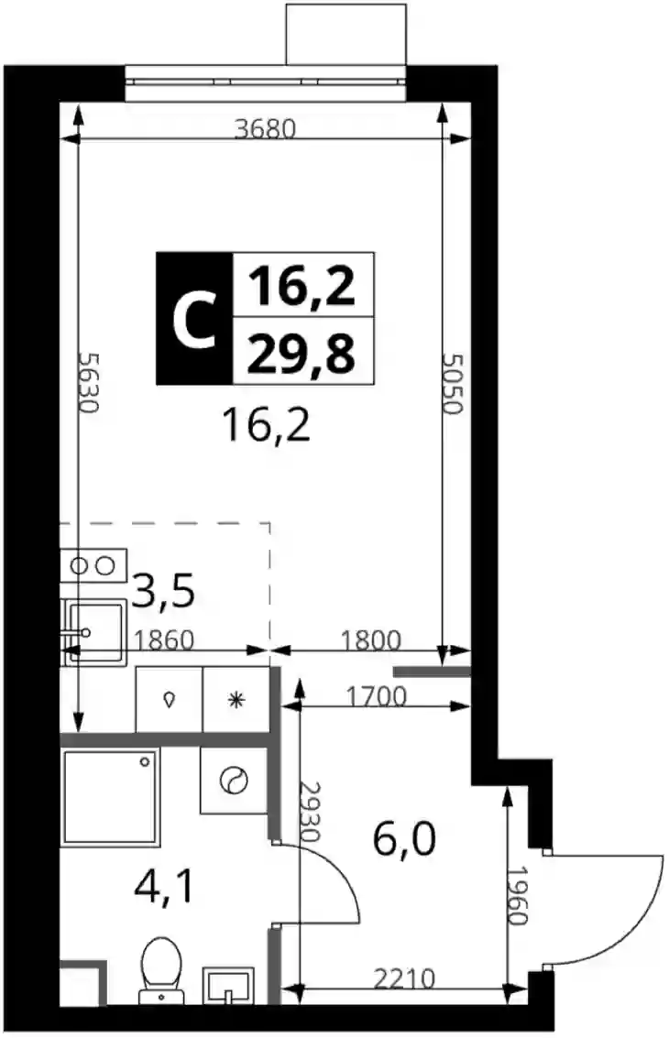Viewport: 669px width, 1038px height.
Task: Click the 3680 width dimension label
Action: (266, 128)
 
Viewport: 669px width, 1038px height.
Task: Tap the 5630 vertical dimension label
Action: (88, 382)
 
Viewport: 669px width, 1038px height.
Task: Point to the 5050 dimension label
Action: (453, 384)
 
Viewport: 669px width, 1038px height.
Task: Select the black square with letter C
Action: (194, 319)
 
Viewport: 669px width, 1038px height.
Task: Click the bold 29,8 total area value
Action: (302, 352)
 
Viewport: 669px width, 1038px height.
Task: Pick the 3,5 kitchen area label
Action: (163, 591)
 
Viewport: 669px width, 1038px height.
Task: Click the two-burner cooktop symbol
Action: (93, 566)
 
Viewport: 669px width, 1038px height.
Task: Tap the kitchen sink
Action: (93, 631)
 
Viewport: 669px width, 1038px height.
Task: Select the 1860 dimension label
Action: (164, 640)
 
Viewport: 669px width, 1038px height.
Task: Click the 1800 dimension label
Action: (371, 640)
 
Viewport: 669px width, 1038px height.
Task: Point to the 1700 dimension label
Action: (377, 695)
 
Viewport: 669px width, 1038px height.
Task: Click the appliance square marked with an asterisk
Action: (236, 700)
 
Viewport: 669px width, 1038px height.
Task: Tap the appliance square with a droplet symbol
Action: (169, 700)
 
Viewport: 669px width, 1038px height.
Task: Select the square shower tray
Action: (111, 797)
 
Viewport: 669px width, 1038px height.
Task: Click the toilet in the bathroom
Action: (161, 970)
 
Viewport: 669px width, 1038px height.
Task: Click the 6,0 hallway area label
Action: (405, 839)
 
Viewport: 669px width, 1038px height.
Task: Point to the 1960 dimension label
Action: (518, 896)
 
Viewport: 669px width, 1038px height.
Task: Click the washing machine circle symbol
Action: (234, 781)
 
